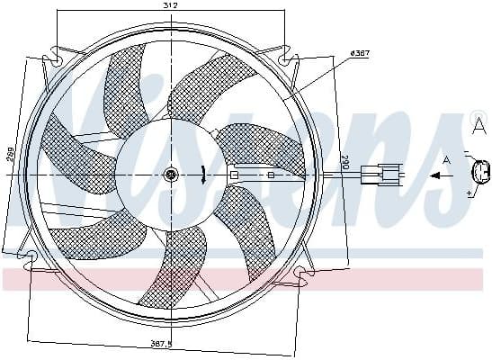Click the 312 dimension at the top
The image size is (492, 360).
click(x=170, y=5)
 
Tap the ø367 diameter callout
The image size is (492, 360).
click(x=357, y=54)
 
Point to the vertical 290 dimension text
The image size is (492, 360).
click(x=343, y=163)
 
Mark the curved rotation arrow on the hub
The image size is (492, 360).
click(x=207, y=175)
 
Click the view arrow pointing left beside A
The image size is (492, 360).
click(x=441, y=176)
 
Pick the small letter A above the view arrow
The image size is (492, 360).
click(x=447, y=160)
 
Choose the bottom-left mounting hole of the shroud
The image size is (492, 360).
click(x=32, y=260)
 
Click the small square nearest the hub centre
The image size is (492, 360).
click(x=234, y=175)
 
